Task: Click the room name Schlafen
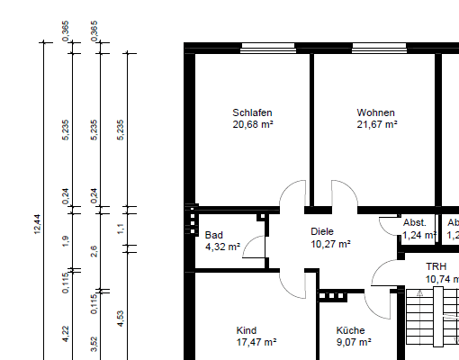point(252,112)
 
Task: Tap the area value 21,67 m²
point(377,125)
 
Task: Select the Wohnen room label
point(376,112)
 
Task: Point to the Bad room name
point(213,234)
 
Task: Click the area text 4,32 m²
point(222,246)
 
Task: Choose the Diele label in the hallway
point(322,231)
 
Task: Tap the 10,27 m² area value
point(330,243)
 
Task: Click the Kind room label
point(247,330)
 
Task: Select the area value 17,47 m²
point(256,343)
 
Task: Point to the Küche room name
point(351,330)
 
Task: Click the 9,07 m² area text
point(355,343)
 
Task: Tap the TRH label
point(436,267)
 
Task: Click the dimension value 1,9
point(66,240)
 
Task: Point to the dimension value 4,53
point(121,319)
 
